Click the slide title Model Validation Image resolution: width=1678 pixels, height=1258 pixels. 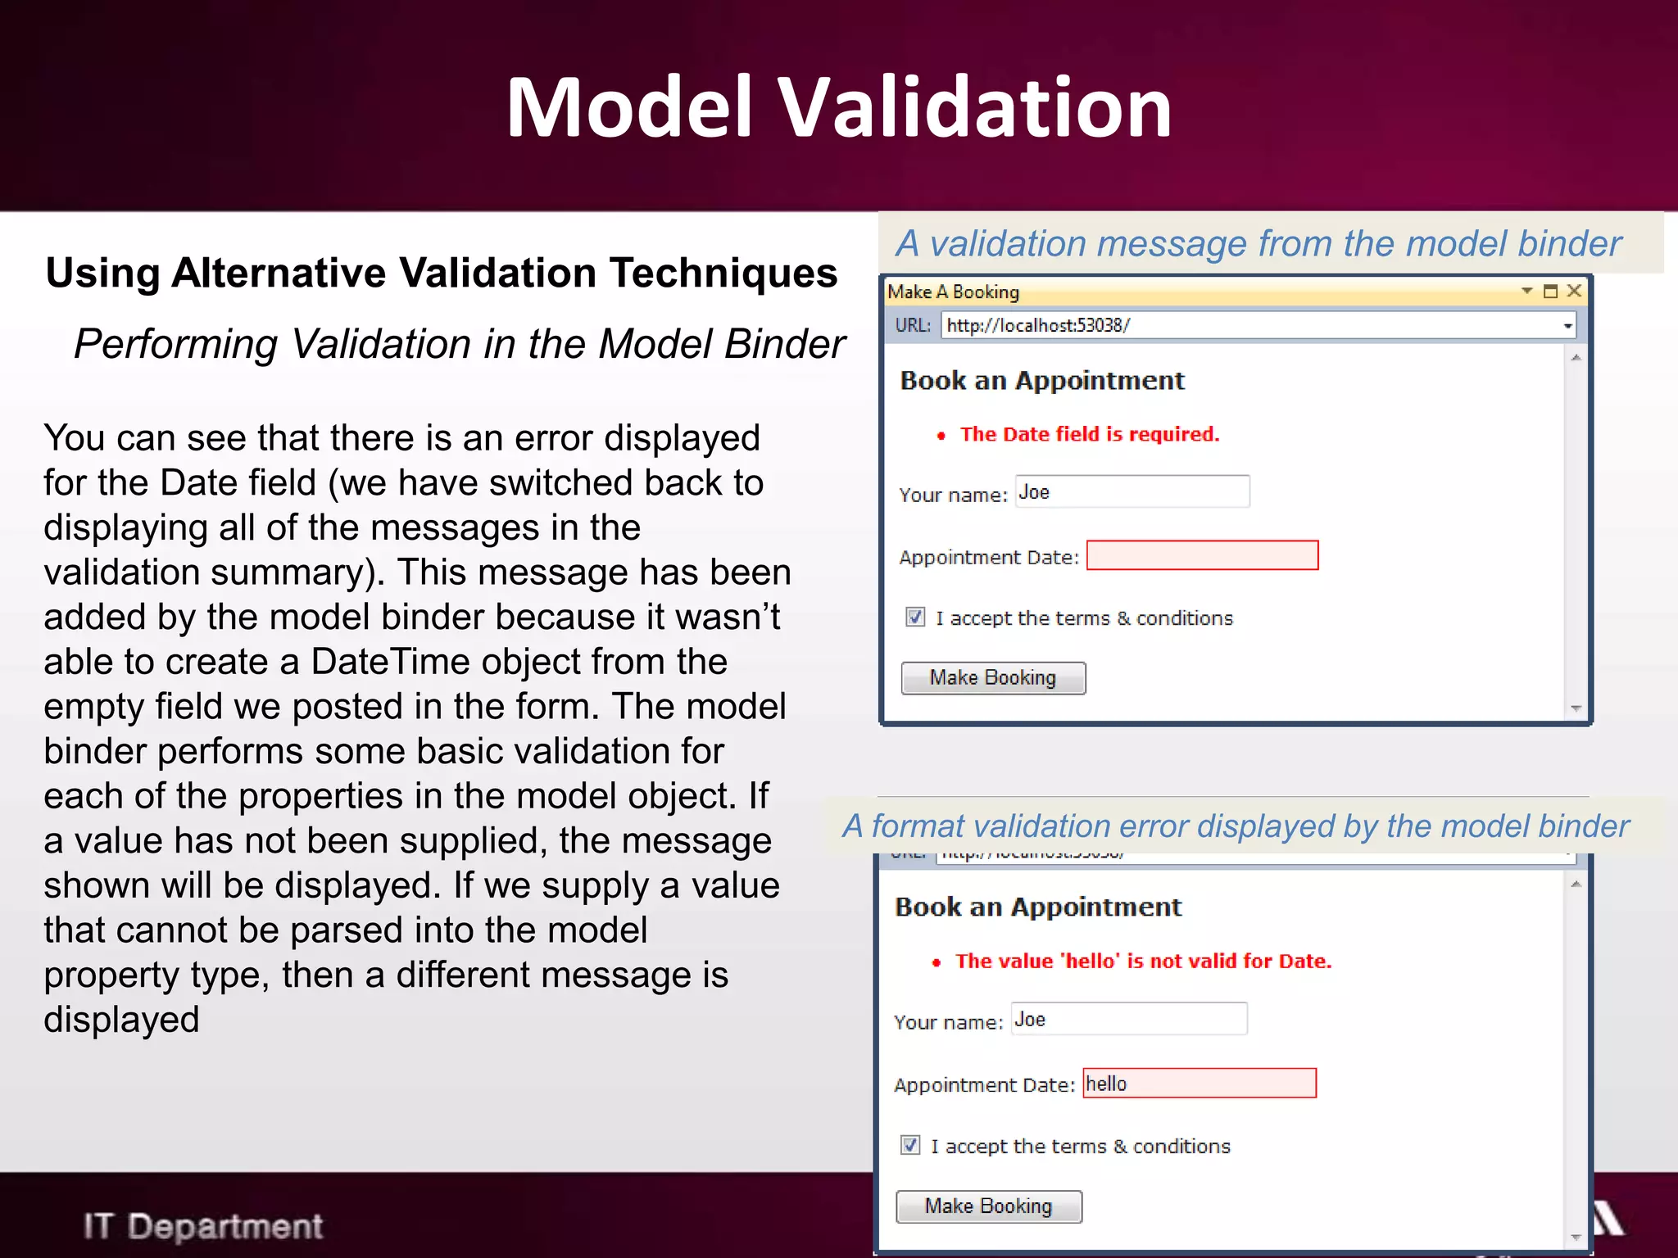838,107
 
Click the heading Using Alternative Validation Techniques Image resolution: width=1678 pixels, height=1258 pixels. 442,273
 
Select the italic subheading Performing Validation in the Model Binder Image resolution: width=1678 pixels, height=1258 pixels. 459,344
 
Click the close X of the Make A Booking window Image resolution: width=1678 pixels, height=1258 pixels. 1574,291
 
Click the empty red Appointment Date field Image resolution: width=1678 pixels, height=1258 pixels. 1202,555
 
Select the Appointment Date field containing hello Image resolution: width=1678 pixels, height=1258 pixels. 1200,1083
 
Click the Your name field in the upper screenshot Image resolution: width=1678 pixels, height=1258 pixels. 1132,491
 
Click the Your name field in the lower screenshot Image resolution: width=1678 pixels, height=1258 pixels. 1129,1019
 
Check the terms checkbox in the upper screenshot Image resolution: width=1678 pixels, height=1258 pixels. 915,617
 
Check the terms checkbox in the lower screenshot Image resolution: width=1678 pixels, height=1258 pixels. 910,1144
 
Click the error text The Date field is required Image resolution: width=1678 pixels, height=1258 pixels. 1089,434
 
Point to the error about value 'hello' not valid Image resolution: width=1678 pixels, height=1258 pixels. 1143,961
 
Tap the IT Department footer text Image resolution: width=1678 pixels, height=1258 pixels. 203,1226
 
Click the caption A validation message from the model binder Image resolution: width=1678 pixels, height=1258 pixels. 1258,244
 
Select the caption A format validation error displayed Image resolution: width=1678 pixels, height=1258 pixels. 1236,826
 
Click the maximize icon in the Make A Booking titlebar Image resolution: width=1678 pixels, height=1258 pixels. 1550,291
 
